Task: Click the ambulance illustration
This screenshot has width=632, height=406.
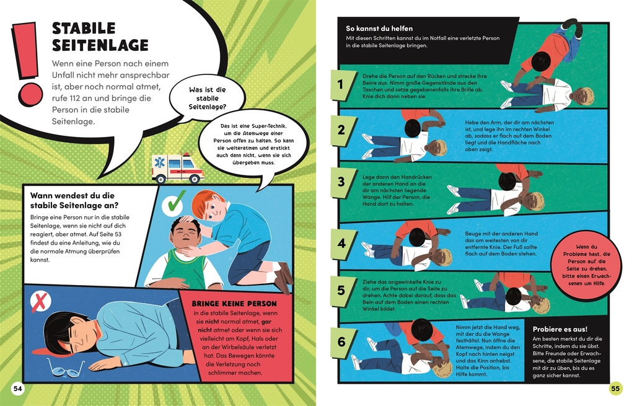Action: click(178, 168)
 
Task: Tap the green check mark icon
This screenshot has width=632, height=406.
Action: click(174, 203)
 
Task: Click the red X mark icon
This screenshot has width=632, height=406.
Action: click(41, 302)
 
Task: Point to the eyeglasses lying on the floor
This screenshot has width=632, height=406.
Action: click(66, 368)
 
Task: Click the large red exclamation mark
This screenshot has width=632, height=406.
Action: click(27, 64)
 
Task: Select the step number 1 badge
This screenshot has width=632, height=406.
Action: click(342, 84)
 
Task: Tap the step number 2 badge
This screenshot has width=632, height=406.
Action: click(342, 130)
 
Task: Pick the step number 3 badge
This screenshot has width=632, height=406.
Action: click(342, 182)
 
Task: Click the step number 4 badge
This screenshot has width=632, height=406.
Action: click(342, 244)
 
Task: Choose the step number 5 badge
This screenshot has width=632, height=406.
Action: click(342, 291)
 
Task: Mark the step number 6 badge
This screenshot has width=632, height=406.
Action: click(342, 342)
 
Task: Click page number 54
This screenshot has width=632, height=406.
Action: click(18, 389)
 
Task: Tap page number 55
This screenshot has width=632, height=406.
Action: click(615, 389)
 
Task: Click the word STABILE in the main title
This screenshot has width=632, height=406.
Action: click(84, 29)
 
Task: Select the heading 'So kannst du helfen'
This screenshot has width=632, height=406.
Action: click(379, 29)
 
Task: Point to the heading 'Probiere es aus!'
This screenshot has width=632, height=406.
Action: click(560, 329)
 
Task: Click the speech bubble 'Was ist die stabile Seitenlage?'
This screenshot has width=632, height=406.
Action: click(207, 98)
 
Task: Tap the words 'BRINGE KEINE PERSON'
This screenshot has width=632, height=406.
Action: click(234, 304)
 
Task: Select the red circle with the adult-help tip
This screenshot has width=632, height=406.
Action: click(586, 265)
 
